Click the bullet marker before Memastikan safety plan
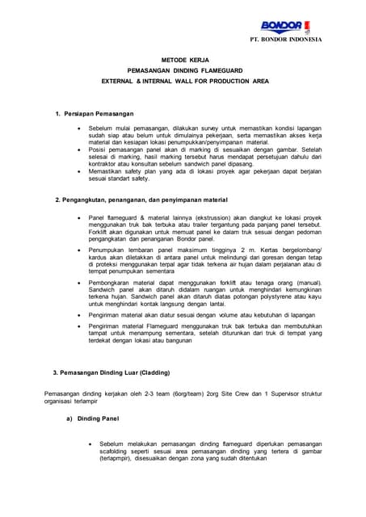tap(78, 171)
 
